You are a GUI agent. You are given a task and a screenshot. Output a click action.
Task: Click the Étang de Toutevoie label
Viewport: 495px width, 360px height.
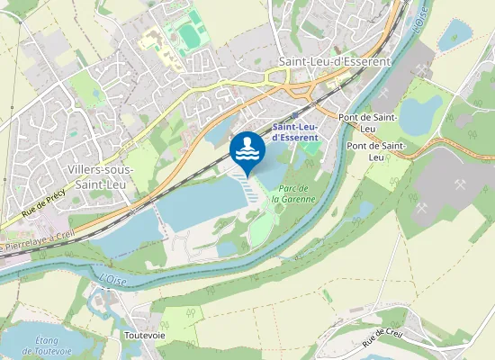click(47, 345)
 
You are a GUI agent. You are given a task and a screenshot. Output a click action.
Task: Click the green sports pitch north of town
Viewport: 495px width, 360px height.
click(188, 36)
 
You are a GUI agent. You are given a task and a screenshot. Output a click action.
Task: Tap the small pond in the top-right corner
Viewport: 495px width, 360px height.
click(455, 37)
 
